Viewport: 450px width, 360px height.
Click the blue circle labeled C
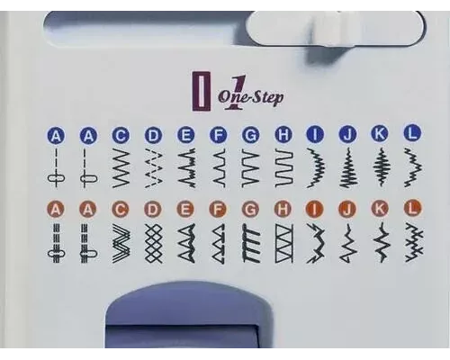pos(121,136)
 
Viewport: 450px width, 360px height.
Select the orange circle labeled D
pos(153,211)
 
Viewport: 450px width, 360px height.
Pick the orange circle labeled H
pos(283,210)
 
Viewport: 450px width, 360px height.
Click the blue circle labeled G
pos(251,135)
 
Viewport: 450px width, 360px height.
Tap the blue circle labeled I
pos(316,134)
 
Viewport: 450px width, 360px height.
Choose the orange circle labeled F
pos(219,211)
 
